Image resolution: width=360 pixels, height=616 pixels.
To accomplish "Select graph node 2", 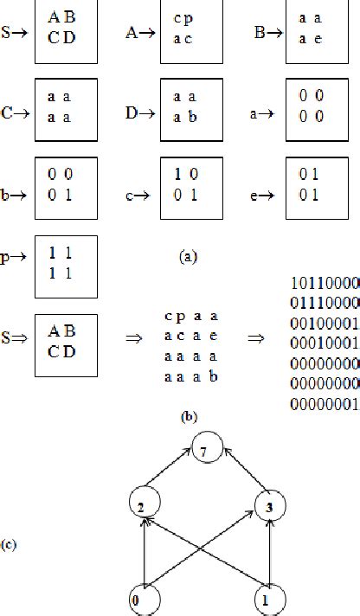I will (141, 507).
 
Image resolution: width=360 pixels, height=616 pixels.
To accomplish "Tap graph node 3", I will (270, 507).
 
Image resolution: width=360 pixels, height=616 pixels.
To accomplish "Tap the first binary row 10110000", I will (320, 306).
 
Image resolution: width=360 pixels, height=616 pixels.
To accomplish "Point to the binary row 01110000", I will (320, 323).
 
